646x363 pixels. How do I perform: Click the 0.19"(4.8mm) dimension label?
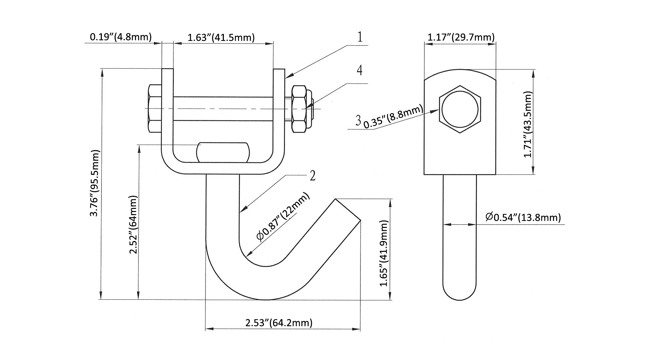pyautogui.click(x=121, y=37)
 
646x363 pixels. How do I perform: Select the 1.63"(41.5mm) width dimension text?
pyautogui.click(x=221, y=37)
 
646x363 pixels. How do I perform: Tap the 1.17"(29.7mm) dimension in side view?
pyautogui.click(x=461, y=37)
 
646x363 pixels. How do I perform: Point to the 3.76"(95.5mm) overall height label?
pyautogui.click(x=95, y=183)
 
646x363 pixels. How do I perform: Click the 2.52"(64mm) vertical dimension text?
pyautogui.click(x=133, y=225)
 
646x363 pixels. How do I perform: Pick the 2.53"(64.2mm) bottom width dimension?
pyautogui.click(x=279, y=323)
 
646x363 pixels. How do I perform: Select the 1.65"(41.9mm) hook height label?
pyautogui.click(x=384, y=253)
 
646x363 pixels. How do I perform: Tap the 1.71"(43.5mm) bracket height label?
pyautogui.click(x=528, y=124)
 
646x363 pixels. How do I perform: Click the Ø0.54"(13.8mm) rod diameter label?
pyautogui.click(x=523, y=217)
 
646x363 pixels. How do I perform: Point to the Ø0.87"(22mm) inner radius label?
pyautogui.click(x=283, y=217)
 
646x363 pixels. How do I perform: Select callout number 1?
pyautogui.click(x=360, y=37)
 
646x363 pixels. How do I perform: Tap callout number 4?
pyautogui.click(x=360, y=70)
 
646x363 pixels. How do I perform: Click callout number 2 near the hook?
pyautogui.click(x=312, y=176)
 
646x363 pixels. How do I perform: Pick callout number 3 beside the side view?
pyautogui.click(x=358, y=120)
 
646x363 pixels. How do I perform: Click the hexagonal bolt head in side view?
pyautogui.click(x=460, y=110)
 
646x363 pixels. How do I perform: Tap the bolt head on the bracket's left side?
pyautogui.click(x=155, y=109)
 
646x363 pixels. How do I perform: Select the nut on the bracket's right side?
pyautogui.click(x=299, y=109)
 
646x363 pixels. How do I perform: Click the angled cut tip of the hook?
pyautogui.click(x=348, y=210)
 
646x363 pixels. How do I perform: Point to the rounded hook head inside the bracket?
pyautogui.click(x=223, y=152)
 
